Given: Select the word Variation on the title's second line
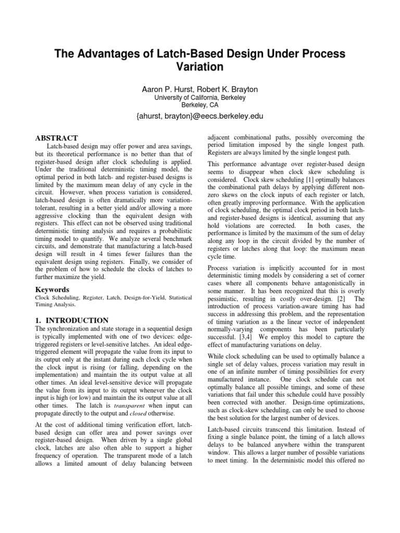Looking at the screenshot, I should [x=200, y=67].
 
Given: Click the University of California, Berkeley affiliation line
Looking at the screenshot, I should [x=200, y=97].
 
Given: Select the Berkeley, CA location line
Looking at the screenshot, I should [x=200, y=104].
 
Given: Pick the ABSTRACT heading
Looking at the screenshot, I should [x=56, y=138].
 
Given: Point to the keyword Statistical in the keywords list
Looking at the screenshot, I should [x=177, y=298].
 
